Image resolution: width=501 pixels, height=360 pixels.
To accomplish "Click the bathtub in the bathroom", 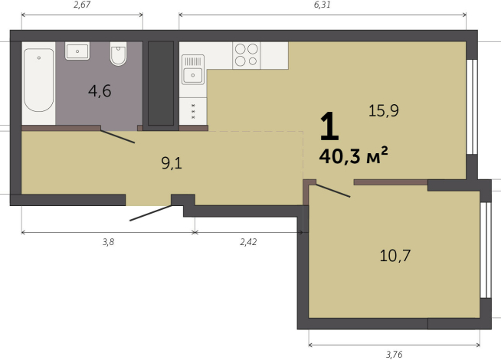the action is click(38, 80).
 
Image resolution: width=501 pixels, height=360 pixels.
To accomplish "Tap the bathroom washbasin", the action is click(77, 51).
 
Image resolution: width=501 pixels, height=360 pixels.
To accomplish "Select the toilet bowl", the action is click(118, 54).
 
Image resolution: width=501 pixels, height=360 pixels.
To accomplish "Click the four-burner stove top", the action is click(247, 55).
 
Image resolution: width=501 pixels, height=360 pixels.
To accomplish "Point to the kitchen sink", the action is click(193, 69).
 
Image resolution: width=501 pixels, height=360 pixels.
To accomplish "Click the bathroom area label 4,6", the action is click(100, 91).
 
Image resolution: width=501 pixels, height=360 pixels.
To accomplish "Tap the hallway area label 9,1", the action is click(172, 164).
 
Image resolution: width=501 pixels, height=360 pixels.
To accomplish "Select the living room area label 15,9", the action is click(384, 111).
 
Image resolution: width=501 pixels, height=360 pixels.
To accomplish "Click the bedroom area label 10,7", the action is click(395, 256).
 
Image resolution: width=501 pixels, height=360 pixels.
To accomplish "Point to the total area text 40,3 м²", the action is click(353, 156).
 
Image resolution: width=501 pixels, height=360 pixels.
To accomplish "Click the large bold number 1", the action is click(329, 126).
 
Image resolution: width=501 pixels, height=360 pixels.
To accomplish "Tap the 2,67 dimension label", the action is click(82, 5).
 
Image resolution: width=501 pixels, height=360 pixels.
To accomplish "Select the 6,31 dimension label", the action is click(322, 5).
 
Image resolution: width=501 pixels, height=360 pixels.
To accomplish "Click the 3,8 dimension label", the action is click(108, 242).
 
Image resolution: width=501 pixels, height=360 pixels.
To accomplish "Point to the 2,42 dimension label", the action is click(248, 242).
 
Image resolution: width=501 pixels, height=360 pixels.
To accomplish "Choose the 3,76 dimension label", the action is click(394, 354).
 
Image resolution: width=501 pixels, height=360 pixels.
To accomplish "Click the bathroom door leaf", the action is click(117, 136).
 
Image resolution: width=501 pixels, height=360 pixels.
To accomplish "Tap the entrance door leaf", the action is click(151, 213).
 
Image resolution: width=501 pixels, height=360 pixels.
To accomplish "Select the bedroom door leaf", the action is click(333, 191).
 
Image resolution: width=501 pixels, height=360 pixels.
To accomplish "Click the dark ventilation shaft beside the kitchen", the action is click(161, 83).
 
